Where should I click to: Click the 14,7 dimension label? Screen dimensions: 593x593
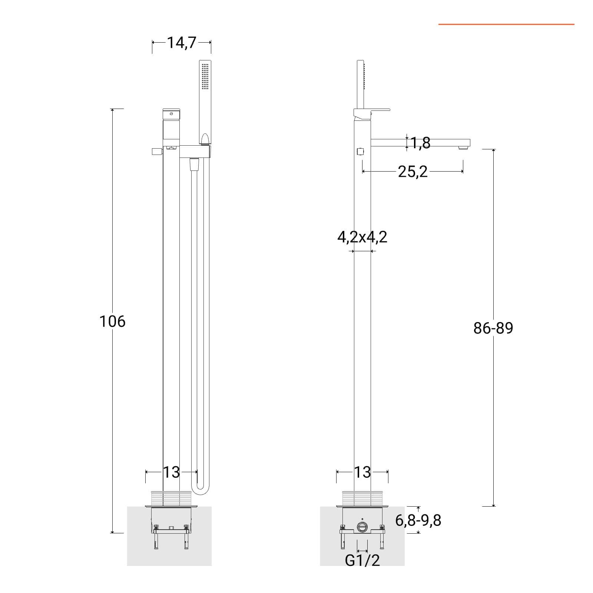click(x=181, y=43)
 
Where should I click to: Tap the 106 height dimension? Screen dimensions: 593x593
click(x=112, y=321)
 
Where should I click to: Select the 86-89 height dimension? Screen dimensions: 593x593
click(x=493, y=328)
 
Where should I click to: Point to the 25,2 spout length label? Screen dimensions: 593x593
click(x=413, y=172)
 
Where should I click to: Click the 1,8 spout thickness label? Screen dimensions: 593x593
click(x=421, y=143)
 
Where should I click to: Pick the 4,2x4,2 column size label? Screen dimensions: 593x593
click(x=362, y=237)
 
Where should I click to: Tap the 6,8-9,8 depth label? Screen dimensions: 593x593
click(x=418, y=520)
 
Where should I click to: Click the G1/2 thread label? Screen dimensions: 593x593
click(x=362, y=561)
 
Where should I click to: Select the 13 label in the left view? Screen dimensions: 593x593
click(x=171, y=472)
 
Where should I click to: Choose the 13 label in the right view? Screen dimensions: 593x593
click(x=362, y=472)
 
